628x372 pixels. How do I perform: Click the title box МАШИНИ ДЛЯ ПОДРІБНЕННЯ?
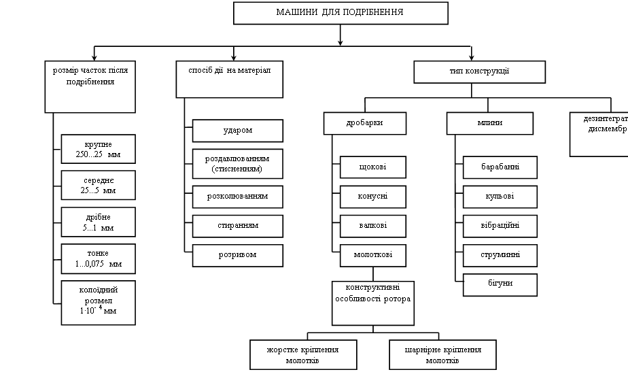(x=341, y=13)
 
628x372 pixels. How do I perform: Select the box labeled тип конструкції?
(x=480, y=71)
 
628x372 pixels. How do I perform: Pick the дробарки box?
(x=365, y=123)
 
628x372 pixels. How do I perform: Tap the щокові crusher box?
(x=373, y=167)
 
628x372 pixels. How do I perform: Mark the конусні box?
(x=373, y=197)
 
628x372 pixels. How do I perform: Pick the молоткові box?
(x=373, y=254)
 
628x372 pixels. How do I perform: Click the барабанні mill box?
(x=500, y=167)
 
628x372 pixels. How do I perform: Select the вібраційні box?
(x=500, y=226)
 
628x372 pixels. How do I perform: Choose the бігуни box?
(x=500, y=284)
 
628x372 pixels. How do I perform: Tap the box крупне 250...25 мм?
(x=97, y=149)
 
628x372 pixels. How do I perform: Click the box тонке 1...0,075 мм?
(x=97, y=258)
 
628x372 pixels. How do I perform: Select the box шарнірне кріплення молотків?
(x=442, y=354)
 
